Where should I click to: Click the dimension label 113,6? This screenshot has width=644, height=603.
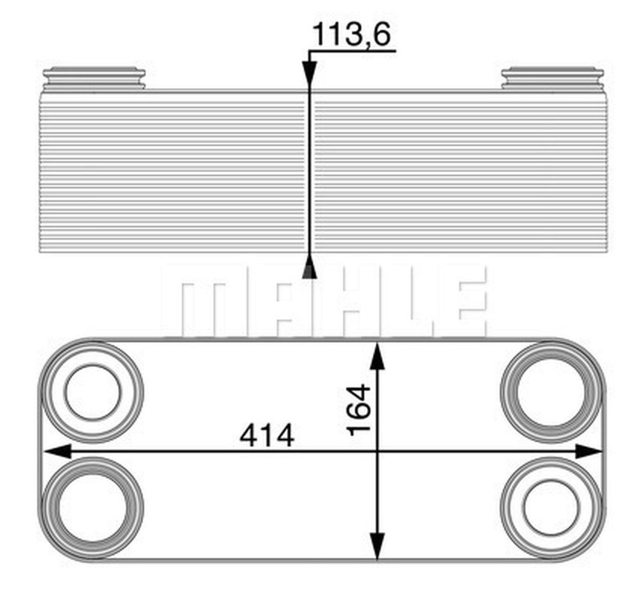point(352,35)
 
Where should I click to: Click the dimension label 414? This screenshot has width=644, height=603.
point(267,436)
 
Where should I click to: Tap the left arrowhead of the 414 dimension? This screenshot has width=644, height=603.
point(56,451)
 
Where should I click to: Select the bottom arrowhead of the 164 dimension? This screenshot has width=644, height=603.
point(377,547)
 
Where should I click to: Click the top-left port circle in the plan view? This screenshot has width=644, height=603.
point(93,392)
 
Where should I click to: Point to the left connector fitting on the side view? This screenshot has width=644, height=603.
point(94,79)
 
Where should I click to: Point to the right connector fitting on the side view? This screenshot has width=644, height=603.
point(552,79)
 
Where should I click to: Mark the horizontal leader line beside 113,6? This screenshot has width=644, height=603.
point(352,51)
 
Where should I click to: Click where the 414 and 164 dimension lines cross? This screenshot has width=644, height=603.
point(377,451)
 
